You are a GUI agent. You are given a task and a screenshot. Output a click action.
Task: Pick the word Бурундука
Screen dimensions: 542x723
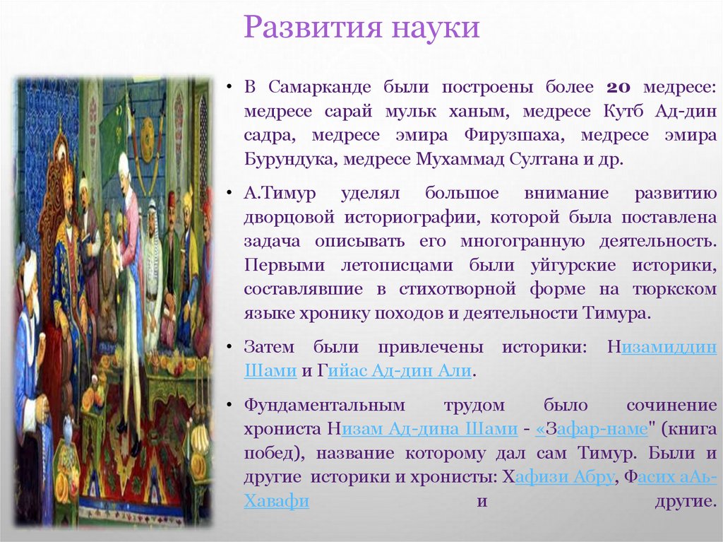click(x=290, y=158)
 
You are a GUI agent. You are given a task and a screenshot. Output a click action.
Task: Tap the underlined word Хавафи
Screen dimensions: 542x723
click(x=277, y=500)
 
